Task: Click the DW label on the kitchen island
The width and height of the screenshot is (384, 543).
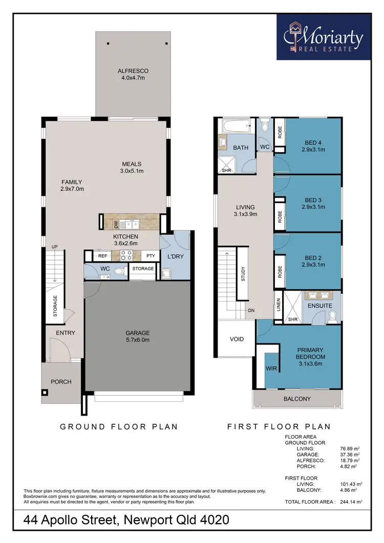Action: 116,224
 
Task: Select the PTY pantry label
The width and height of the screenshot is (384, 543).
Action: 151,255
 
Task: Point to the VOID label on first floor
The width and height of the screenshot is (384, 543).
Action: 237,339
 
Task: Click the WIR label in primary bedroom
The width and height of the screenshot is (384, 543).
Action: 271,368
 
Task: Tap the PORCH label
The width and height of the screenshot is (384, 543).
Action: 60,382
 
